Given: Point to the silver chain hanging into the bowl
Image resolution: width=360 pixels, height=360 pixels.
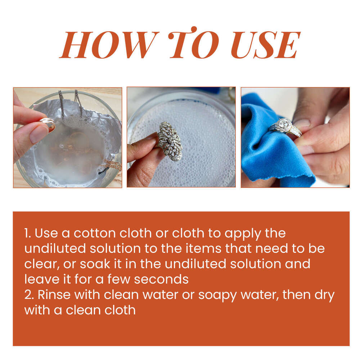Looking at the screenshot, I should click(61, 104).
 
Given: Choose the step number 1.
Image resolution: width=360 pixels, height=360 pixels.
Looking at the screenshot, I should click(27, 233).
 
